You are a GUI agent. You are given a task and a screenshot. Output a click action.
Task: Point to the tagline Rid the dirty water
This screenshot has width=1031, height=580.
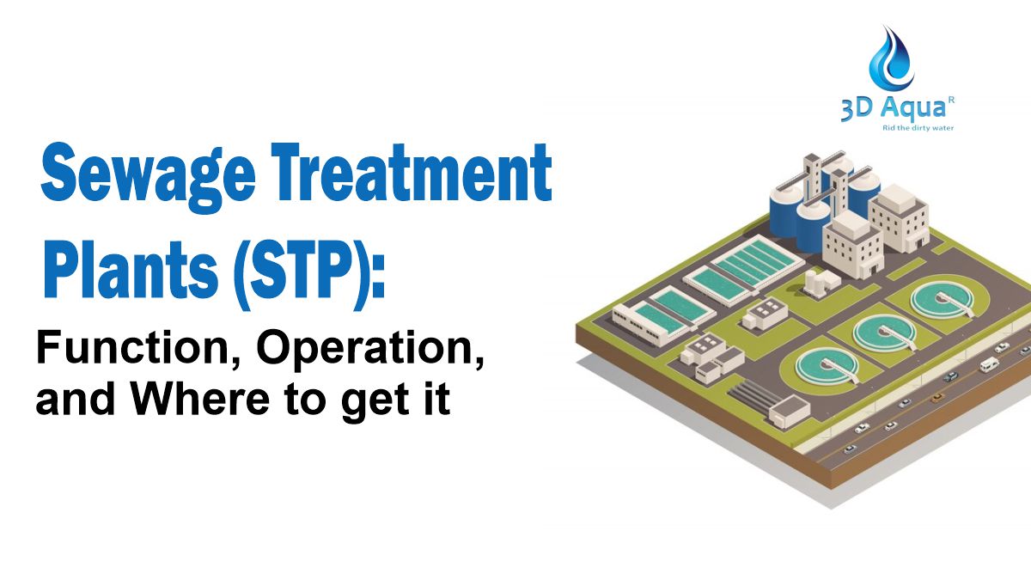tap(918, 128)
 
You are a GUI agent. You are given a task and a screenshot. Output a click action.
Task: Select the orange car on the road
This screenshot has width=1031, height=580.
tap(936, 398)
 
